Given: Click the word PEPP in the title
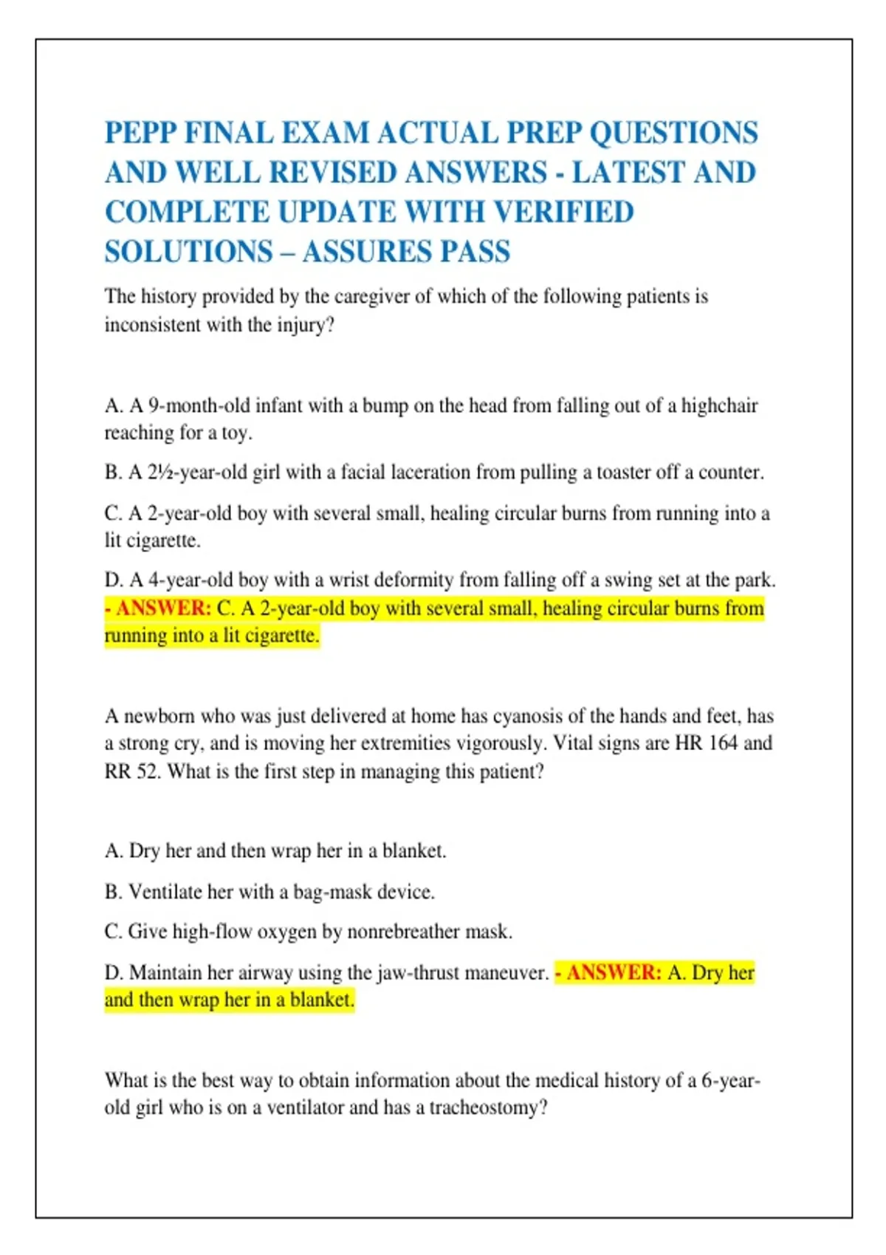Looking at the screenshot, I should [x=140, y=134].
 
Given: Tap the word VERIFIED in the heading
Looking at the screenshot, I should [x=563, y=213].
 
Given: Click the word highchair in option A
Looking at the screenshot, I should [x=719, y=406].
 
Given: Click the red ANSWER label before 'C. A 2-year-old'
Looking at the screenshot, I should [x=163, y=608].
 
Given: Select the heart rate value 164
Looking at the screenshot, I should [x=723, y=743].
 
